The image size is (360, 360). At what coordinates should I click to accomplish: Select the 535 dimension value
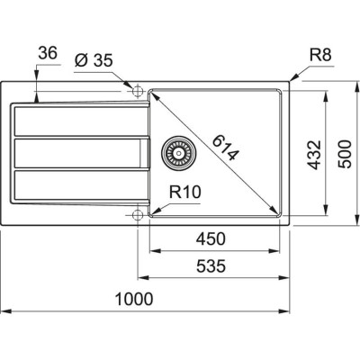[209, 266]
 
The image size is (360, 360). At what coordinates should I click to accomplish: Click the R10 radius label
[183, 192]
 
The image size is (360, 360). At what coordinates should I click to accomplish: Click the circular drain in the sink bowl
[175, 153]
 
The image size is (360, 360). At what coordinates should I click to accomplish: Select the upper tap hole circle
[137, 91]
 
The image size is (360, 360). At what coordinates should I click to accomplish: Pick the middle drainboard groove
[76, 153]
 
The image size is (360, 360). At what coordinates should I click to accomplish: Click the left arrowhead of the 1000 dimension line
[4, 310]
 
